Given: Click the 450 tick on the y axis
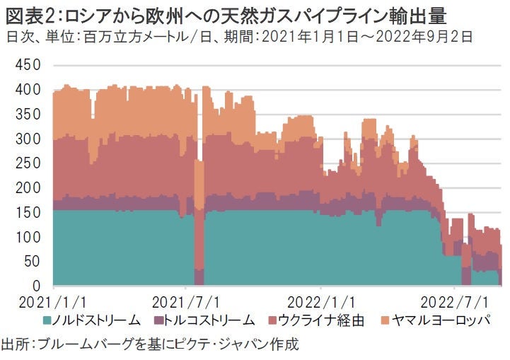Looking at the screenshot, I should pos(28,66).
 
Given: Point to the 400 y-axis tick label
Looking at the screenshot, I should pos(28,91).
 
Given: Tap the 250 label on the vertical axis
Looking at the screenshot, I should pos(28,164).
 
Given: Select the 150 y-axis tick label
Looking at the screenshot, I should pos(28,212).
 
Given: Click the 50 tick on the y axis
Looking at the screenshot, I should pos(32,261).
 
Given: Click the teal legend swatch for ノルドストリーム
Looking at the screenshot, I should pos(47,320).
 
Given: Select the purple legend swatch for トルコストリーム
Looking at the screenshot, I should pos(158,320).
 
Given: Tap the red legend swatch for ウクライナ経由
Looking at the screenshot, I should pos(271,320).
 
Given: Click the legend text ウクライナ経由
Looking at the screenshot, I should pos(320,320).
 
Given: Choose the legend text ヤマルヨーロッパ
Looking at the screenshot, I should pos(439,320).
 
